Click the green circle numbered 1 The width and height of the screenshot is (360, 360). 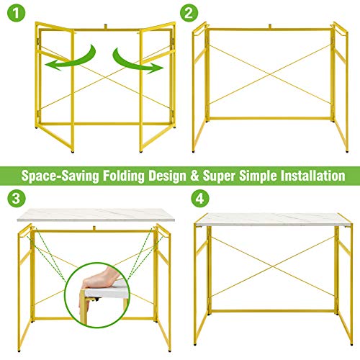click(x=16, y=13)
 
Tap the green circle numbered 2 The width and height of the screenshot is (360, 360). click(x=189, y=13)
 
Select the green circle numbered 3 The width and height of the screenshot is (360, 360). click(x=17, y=199)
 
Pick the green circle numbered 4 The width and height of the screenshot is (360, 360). click(x=200, y=199)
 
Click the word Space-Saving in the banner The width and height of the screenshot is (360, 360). click(x=60, y=176)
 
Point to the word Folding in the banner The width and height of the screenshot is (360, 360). click(x=124, y=176)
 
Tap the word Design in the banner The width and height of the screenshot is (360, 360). click(x=168, y=176)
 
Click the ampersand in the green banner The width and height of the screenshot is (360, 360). click(x=194, y=176)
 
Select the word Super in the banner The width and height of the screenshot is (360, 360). click(x=219, y=176)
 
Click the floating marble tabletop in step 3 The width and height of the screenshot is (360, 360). click(x=96, y=215)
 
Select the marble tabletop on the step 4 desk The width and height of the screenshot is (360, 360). click(x=274, y=220)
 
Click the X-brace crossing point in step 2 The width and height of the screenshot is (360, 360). click(x=270, y=75)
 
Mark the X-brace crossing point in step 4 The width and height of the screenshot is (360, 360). click(x=273, y=266)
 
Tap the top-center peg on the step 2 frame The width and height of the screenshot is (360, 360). click(x=270, y=27)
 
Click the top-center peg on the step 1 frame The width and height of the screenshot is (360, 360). click(x=106, y=27)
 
